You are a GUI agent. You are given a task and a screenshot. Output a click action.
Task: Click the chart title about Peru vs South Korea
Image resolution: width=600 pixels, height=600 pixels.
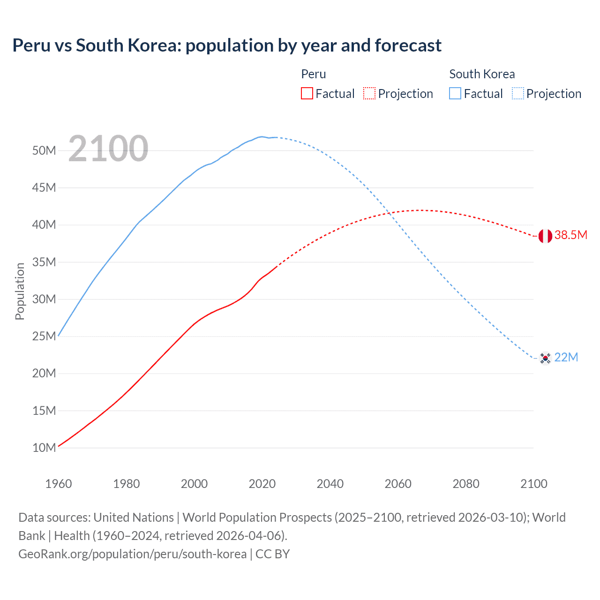point(227,45)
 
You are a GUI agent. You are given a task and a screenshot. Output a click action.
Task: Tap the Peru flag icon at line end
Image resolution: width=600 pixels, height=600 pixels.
point(545,236)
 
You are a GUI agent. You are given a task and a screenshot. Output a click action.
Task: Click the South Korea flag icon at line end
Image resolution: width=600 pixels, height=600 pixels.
point(545,358)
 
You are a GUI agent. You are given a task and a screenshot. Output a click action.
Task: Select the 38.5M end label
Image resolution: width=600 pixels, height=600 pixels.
point(570,235)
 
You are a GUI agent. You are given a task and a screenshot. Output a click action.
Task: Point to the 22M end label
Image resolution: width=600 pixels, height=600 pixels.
point(566,358)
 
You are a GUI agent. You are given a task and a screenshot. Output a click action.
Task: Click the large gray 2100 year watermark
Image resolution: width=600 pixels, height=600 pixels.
point(108,149)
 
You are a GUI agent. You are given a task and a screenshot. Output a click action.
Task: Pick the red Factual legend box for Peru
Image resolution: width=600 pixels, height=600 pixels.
point(307,93)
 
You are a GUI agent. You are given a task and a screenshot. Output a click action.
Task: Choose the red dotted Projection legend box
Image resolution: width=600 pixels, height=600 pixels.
point(369,93)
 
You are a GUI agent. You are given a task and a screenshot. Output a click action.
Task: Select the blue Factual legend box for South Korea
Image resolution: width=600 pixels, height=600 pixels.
point(455,93)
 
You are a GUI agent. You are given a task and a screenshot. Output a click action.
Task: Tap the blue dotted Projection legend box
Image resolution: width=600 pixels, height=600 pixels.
point(517,93)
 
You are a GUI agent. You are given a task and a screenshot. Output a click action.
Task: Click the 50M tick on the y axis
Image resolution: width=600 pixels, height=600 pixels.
point(44,150)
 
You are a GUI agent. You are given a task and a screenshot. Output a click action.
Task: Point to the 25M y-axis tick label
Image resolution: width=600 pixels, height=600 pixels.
point(44,336)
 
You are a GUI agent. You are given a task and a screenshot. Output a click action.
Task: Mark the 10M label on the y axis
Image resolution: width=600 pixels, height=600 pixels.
point(44,448)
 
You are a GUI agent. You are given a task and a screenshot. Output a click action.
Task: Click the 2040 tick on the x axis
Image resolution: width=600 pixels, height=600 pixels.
point(330,484)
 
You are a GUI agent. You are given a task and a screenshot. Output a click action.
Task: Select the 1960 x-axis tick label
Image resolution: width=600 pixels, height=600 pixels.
point(58,484)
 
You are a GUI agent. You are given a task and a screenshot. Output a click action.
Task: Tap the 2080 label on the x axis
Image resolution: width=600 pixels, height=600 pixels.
point(466,484)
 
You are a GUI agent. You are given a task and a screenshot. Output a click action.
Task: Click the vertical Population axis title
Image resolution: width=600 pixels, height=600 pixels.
point(20,291)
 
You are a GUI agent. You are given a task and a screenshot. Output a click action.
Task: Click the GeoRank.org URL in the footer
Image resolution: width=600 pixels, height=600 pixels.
point(132,554)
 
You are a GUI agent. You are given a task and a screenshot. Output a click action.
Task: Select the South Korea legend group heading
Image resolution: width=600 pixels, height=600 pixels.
point(482,74)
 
